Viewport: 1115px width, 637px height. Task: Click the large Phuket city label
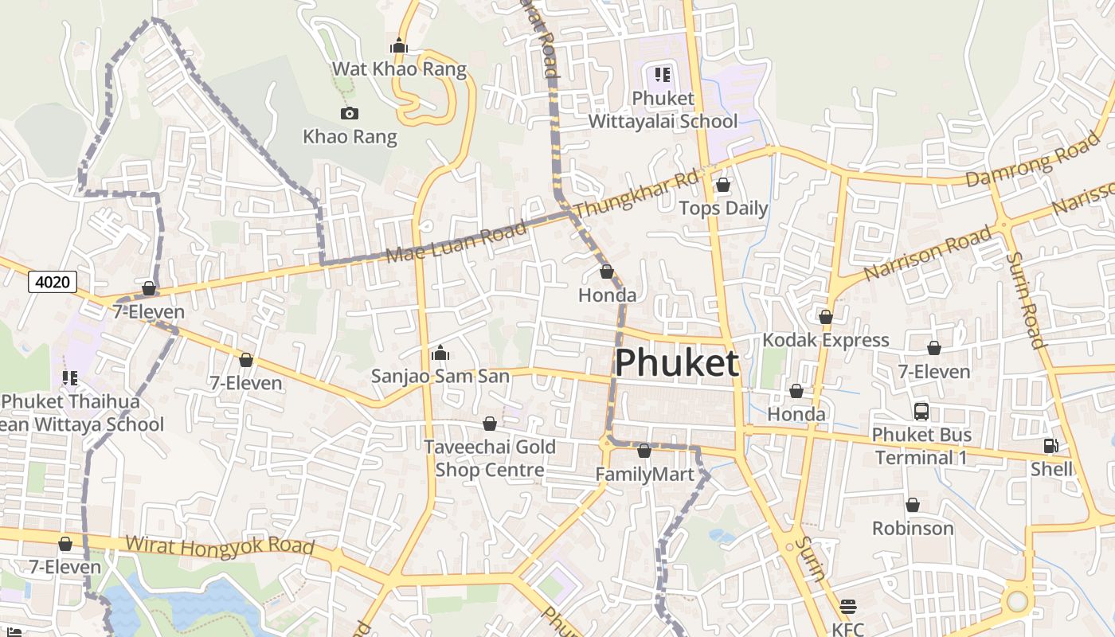(x=677, y=363)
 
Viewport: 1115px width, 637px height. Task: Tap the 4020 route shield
(x=53, y=281)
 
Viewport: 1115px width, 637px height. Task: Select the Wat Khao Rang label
(x=399, y=68)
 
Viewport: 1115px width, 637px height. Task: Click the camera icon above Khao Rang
(x=349, y=114)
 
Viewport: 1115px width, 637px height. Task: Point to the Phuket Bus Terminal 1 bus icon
(x=921, y=412)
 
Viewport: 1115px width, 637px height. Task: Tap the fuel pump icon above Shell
(x=1050, y=446)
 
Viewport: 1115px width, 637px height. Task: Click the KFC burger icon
(x=847, y=607)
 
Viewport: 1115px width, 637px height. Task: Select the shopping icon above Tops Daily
(x=723, y=185)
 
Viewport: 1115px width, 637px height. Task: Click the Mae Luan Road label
(x=456, y=243)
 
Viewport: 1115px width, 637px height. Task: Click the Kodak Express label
(x=825, y=340)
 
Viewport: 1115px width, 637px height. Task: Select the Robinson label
(x=913, y=528)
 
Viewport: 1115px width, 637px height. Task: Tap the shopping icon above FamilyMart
(x=644, y=451)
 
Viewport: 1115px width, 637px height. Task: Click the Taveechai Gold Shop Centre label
(x=489, y=458)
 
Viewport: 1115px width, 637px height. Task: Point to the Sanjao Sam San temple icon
(x=440, y=352)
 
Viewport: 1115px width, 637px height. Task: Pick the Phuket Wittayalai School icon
(x=662, y=75)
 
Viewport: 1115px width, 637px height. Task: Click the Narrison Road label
(x=928, y=253)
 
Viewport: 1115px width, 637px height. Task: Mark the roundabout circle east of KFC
(x=1017, y=600)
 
